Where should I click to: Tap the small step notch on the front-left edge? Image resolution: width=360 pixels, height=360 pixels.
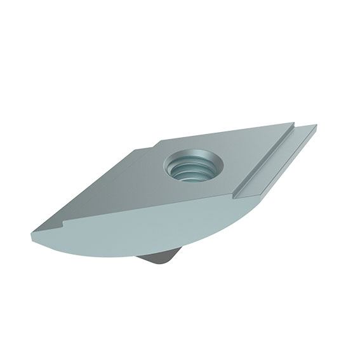point(63,223)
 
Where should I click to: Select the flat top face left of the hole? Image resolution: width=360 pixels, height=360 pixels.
point(127,184)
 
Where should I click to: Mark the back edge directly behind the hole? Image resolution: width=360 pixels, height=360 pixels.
point(210,133)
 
